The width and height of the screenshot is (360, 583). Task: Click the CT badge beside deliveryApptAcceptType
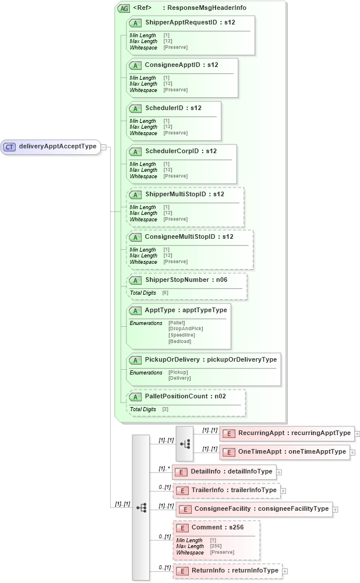coord(9,147)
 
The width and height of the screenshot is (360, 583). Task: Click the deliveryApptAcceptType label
coord(57,146)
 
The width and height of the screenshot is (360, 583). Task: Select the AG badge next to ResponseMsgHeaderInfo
coord(123,8)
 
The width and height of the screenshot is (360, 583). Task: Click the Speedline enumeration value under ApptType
coord(182,335)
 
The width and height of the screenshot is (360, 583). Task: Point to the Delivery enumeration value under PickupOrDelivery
coord(179,378)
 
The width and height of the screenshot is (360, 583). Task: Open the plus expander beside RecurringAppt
coord(357,433)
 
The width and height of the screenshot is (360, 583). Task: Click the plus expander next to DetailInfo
coord(279,472)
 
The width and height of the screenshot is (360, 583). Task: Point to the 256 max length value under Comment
coord(215,546)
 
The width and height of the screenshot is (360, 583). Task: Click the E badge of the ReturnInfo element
coord(182,571)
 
